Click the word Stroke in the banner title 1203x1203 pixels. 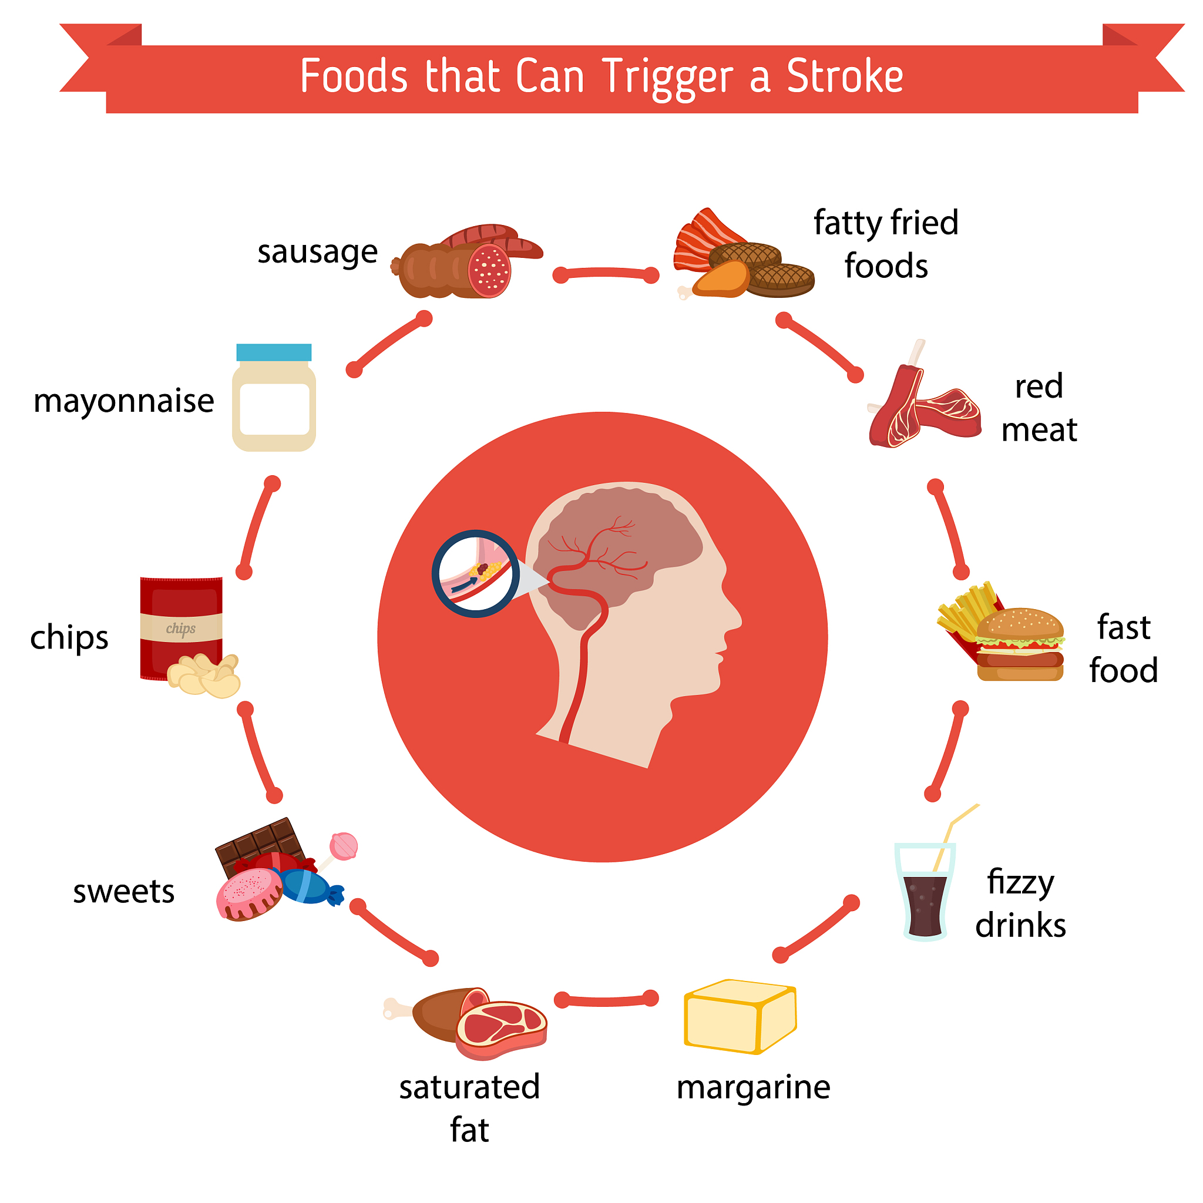(x=844, y=76)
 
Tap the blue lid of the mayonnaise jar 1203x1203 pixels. (x=274, y=352)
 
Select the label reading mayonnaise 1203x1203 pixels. (x=123, y=401)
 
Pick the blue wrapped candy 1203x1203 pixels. (x=308, y=886)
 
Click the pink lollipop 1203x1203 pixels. (x=344, y=846)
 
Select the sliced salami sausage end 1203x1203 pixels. (x=489, y=271)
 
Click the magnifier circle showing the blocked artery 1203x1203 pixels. (x=476, y=573)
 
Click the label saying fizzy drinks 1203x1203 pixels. (x=1020, y=903)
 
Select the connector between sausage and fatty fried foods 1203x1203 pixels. (x=606, y=273)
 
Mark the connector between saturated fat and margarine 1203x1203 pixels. (x=606, y=1000)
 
